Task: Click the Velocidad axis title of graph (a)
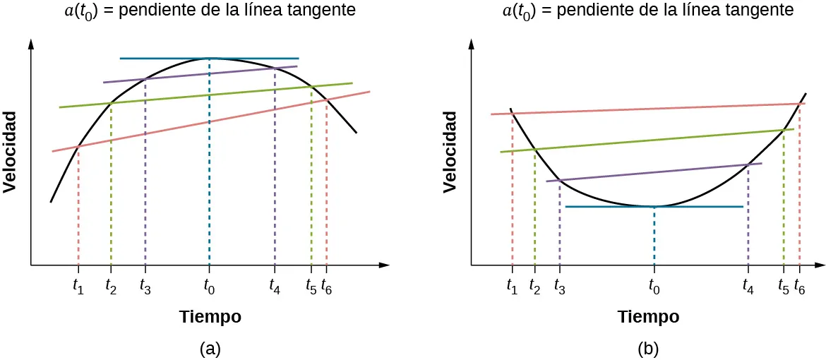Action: tap(10, 151)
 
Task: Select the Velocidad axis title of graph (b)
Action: tap(450, 151)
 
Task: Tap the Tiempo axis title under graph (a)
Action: tap(210, 317)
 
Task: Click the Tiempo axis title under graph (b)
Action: tap(649, 317)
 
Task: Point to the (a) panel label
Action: tap(210, 348)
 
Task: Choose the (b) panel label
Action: tap(649, 348)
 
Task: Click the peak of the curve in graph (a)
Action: tap(210, 58)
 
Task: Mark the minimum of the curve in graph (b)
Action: tap(654, 206)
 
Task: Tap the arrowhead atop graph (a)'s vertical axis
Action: tap(31, 44)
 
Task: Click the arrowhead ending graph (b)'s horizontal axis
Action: tap(820, 265)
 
